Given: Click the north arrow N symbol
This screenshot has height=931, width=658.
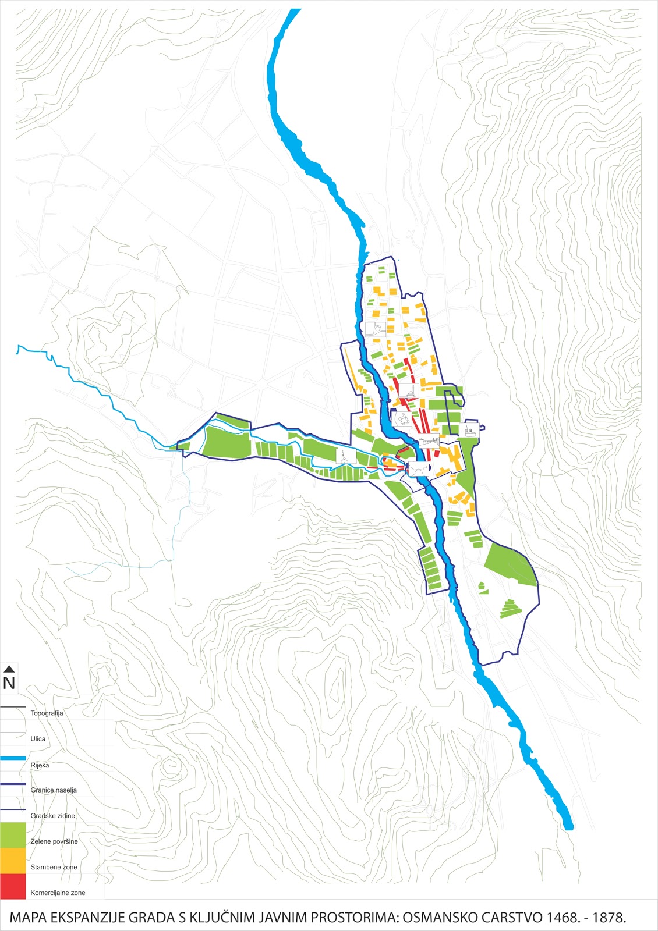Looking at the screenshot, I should (9, 678).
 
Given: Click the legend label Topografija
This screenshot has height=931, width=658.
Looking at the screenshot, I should (47, 713).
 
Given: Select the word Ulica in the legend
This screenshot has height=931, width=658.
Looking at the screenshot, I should (38, 738).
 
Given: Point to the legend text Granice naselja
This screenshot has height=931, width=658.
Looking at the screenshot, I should (54, 790).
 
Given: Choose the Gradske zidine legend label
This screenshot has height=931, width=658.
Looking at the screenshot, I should (52, 815).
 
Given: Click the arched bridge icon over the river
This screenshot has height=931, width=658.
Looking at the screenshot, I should (419, 469).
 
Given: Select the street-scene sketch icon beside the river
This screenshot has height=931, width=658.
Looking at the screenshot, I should (429, 441).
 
